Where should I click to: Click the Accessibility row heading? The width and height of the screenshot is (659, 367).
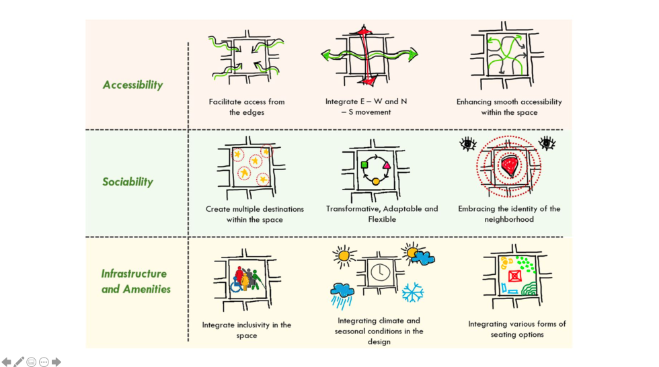[x=132, y=85]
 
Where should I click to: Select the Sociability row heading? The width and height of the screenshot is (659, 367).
[x=128, y=182]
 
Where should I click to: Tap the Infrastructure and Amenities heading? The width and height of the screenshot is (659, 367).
[x=135, y=282]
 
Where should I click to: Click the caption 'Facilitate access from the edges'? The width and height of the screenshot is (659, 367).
[x=247, y=107]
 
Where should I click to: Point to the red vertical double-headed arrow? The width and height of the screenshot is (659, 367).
[x=364, y=54]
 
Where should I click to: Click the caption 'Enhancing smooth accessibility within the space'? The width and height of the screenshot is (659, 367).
[x=509, y=107]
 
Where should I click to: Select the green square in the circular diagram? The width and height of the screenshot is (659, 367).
[x=364, y=165]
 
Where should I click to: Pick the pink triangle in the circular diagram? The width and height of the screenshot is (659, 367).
[x=387, y=165]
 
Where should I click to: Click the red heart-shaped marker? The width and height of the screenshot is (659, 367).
[x=511, y=167]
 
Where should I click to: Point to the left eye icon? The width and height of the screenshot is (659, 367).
[x=467, y=143]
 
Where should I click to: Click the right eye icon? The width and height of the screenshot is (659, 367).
[x=547, y=142]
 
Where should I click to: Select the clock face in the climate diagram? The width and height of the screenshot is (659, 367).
[x=378, y=272]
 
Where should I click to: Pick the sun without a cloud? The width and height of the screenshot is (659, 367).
[x=344, y=255]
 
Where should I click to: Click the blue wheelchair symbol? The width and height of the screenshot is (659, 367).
[x=237, y=286]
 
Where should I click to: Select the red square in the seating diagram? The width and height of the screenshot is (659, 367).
[x=515, y=276]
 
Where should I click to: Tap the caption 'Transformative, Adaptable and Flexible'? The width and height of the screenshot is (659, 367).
[x=381, y=214]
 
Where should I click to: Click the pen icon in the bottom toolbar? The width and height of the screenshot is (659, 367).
[x=19, y=362]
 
